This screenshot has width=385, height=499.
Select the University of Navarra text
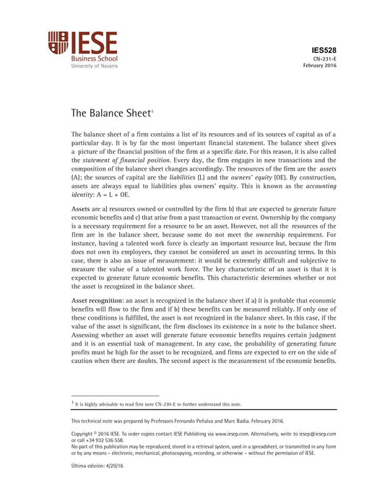(95, 65)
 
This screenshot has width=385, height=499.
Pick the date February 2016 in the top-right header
(319, 65)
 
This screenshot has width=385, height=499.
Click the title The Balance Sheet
(110, 113)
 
